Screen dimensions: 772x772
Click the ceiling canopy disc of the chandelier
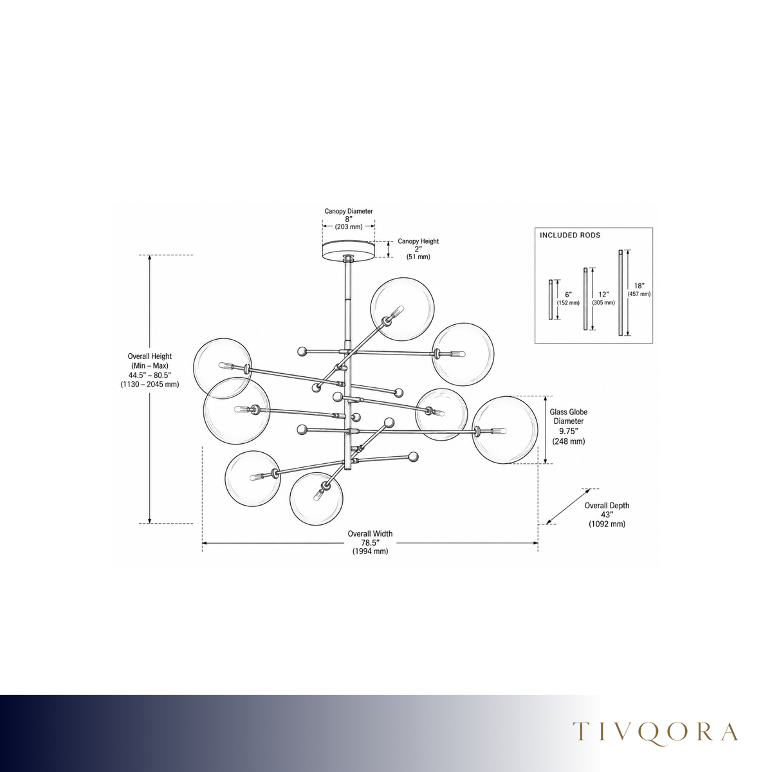[348, 250]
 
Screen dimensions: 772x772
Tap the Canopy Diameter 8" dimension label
[349, 218]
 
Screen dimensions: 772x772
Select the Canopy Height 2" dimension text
[418, 249]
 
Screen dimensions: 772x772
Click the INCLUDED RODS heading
[570, 235]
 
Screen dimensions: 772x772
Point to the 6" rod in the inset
[551, 299]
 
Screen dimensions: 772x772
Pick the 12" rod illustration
[585, 299]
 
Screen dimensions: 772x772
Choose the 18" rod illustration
[621, 293]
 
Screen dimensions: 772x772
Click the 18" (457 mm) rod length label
[639, 289]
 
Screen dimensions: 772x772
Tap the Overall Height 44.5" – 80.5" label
[149, 370]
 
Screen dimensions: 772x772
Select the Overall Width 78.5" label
[370, 542]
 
